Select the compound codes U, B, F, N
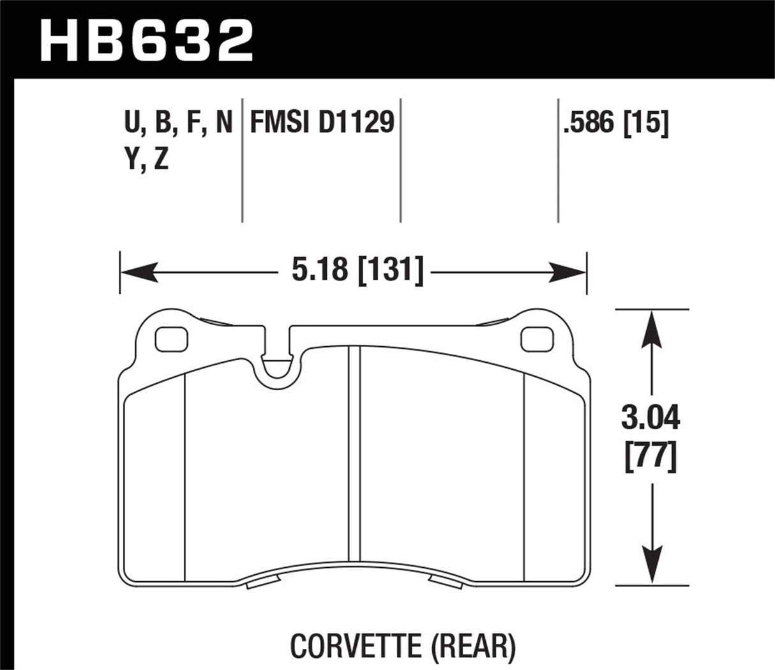tap(178, 123)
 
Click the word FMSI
tap(279, 123)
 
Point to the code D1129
tap(355, 123)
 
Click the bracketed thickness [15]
tap(644, 123)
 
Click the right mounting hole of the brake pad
tap(536, 340)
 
